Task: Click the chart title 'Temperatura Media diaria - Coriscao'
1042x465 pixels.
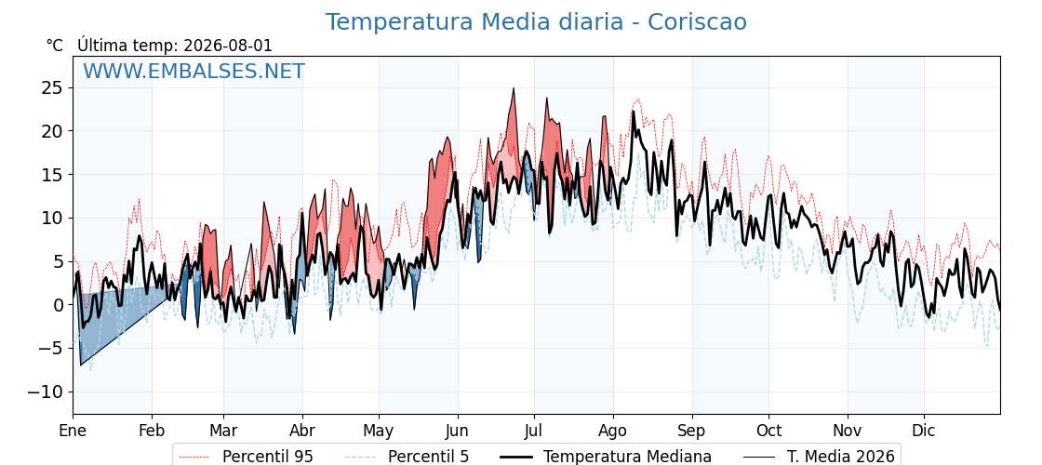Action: coord(536,22)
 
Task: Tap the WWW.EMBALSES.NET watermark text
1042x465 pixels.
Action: coord(194,71)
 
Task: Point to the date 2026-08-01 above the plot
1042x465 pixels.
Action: coord(228,46)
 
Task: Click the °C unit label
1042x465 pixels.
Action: coord(55,46)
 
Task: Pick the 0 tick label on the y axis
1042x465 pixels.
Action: coord(58,305)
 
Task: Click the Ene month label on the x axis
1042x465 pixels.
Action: coord(73,431)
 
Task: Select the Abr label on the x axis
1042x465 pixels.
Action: coord(301,431)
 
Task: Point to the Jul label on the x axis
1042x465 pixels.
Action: coord(534,431)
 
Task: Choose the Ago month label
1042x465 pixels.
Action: coord(612,432)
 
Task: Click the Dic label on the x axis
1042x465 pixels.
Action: coord(923,431)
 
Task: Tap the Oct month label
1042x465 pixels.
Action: coord(768,431)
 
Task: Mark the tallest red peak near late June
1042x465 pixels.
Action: coord(513,88)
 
